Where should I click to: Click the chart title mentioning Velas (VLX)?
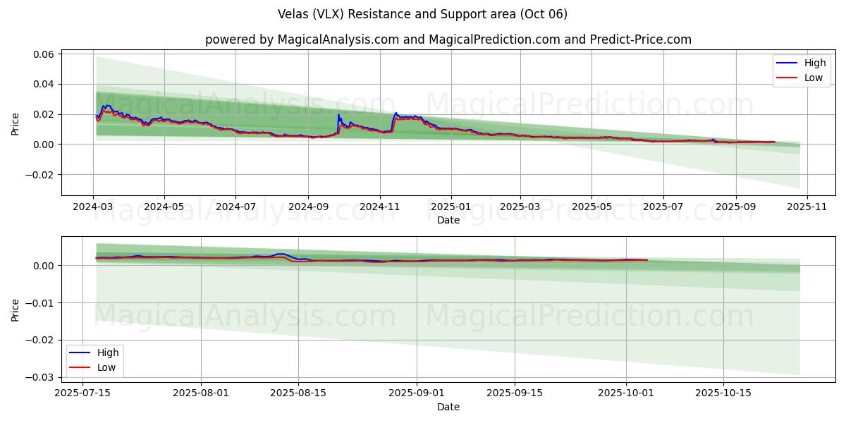pyautogui.click(x=423, y=14)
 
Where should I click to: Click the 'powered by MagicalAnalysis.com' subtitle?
pyautogui.click(x=448, y=39)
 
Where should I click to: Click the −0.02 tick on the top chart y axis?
pyautogui.click(x=42, y=175)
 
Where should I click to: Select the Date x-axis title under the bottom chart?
pyautogui.click(x=448, y=407)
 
